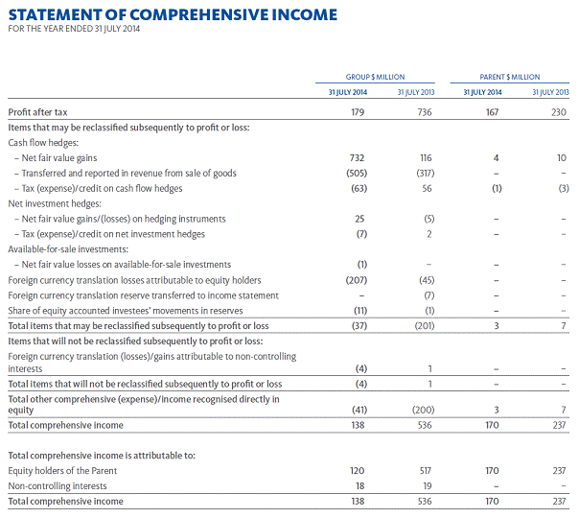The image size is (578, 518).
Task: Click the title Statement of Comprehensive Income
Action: [x=173, y=14]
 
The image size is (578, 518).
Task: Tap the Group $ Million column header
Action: [x=375, y=77]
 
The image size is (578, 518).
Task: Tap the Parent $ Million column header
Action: [x=510, y=77]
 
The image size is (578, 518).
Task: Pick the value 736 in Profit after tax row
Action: [x=424, y=112]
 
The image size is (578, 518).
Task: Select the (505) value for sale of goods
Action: [x=358, y=173]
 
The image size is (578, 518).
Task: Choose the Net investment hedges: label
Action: [x=50, y=203]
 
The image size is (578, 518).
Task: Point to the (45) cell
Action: [x=425, y=279]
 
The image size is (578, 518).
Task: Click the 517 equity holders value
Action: [x=424, y=470]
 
